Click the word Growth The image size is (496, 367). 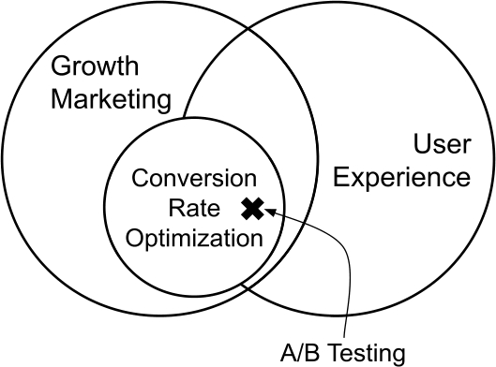point(94,67)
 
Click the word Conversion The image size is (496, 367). point(194,177)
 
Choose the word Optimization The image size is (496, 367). point(194,238)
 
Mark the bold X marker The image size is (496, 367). point(251,209)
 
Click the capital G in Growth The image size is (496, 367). point(60,67)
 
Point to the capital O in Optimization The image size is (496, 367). point(135,237)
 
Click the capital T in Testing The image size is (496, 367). point(337,353)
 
